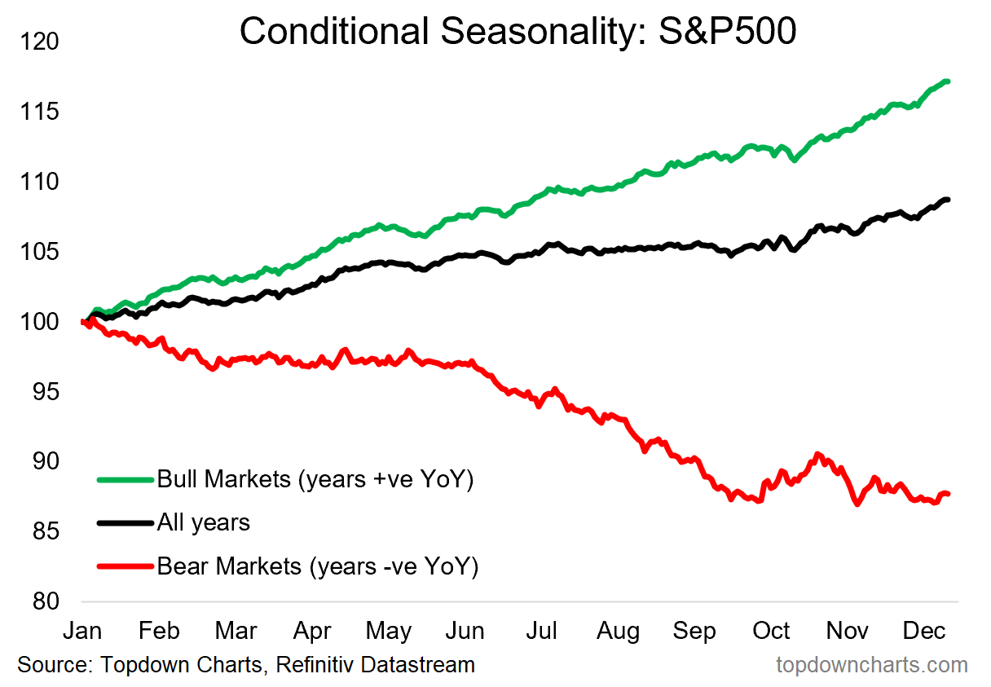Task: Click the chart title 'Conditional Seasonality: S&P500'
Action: point(518,32)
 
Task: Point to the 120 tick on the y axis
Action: point(38,41)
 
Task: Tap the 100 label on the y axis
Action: point(38,322)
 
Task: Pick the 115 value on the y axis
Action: point(38,112)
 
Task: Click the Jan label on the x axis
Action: point(81,631)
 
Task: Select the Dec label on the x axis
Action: point(923,631)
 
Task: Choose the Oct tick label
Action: point(771,631)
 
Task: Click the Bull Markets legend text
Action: point(315,479)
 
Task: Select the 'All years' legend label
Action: point(203,522)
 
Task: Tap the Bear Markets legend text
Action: point(317,566)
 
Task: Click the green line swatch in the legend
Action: point(124,479)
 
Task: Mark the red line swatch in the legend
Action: point(124,566)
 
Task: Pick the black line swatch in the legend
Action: point(124,522)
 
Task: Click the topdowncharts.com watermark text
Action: point(871,665)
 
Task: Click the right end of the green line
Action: point(948,81)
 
